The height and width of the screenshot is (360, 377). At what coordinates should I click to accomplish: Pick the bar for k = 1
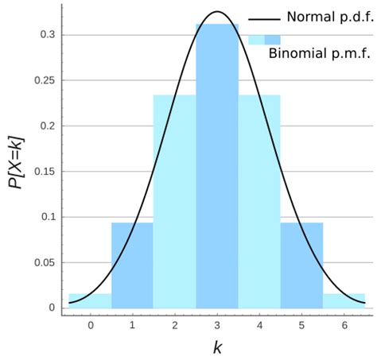pyautogui.click(x=132, y=265)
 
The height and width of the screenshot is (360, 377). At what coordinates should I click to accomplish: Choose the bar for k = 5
pyautogui.click(x=301, y=265)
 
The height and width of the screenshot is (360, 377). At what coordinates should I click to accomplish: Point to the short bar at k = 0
pyautogui.click(x=90, y=300)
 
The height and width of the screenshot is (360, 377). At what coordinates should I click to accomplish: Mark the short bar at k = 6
pyautogui.click(x=344, y=300)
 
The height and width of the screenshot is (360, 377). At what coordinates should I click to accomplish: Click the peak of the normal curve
pyautogui.click(x=217, y=12)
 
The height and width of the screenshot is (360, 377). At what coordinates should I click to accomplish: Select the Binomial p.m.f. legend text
pyautogui.click(x=320, y=54)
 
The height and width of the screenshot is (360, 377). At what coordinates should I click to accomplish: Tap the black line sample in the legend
pyautogui.click(x=264, y=18)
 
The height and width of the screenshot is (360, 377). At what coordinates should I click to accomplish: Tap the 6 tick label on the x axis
pyautogui.click(x=344, y=324)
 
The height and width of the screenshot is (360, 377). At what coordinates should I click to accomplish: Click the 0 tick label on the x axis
pyautogui.click(x=90, y=324)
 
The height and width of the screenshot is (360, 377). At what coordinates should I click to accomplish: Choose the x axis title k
pyautogui.click(x=217, y=347)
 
